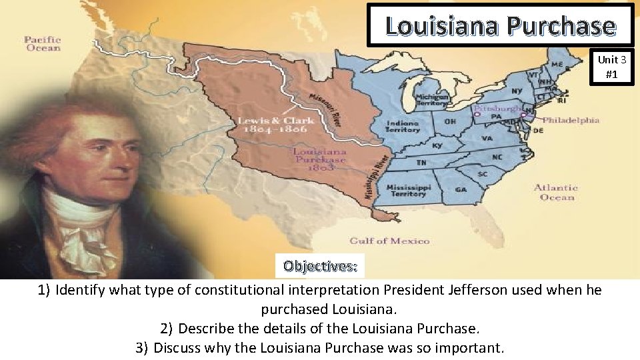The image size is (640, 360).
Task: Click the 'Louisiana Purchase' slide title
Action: tap(500, 25)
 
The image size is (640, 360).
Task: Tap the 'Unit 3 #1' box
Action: tap(611, 67)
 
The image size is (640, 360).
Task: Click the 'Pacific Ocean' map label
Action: tap(43, 44)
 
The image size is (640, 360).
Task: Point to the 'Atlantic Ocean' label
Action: tap(555, 192)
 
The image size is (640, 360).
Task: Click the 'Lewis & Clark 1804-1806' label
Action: tap(273, 125)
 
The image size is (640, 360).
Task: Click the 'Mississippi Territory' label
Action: tap(409, 190)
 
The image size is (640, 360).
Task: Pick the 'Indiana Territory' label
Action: tap(402, 126)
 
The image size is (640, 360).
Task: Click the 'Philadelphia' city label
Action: tap(571, 121)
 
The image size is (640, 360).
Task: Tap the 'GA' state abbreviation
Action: tap(461, 189)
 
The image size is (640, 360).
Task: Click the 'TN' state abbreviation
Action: tap(422, 163)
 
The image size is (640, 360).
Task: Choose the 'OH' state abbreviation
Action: tap(450, 123)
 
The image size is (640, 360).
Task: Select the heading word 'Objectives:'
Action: tap(320, 266)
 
